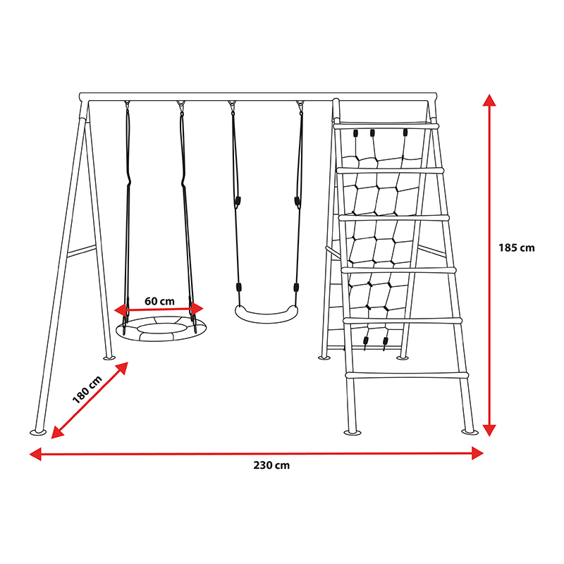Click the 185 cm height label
pos(517,248)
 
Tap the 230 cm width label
pos(271,465)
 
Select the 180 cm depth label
pos(87,390)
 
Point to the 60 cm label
pos(159,301)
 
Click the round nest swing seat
pos(161,336)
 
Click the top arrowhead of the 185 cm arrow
pos(489,100)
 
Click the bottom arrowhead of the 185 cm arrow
pos(489,430)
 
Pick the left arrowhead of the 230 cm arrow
pos(35,454)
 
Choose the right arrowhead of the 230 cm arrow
pos(477,453)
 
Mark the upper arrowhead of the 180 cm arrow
pos(121,367)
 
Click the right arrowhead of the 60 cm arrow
pos(197,309)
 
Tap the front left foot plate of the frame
pos(38,432)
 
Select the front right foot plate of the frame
pos(470,431)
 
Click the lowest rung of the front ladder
pos(407,375)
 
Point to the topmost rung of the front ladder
pos(386,126)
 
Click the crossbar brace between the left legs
pos(81,251)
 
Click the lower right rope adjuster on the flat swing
pos(296,288)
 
